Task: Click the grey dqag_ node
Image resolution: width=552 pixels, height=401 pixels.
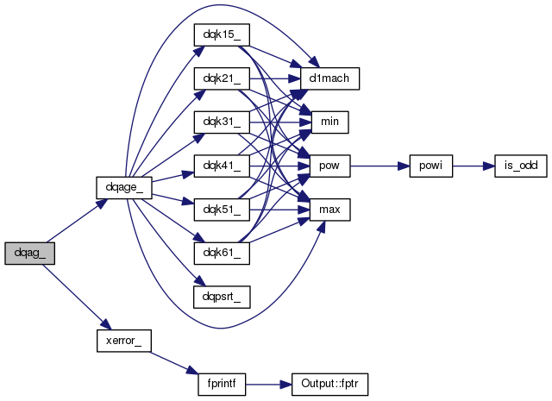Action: tap(30, 254)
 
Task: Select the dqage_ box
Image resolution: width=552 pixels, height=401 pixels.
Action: tap(124, 188)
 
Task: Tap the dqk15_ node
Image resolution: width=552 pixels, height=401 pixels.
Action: tap(222, 34)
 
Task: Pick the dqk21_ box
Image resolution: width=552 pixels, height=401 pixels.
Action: tap(222, 78)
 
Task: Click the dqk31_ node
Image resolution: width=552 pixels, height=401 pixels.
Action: tap(222, 122)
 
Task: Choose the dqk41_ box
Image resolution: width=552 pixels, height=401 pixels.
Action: tap(222, 166)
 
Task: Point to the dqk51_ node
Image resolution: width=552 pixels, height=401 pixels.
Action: tap(222, 210)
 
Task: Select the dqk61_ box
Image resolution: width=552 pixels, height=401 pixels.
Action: tap(222, 254)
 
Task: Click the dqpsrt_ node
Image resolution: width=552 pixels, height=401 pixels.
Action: tap(222, 298)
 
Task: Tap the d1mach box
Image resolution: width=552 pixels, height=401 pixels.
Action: tap(329, 78)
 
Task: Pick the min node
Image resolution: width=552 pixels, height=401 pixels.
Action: tap(329, 122)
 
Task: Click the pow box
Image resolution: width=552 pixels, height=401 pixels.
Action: tap(329, 166)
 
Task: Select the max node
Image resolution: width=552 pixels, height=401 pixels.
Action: tap(329, 210)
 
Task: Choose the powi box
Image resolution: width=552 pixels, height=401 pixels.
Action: tap(431, 166)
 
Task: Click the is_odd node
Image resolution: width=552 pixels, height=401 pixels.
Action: tap(521, 166)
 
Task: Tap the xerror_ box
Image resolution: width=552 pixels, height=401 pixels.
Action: tap(124, 341)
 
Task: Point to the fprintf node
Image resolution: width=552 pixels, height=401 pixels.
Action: tap(222, 385)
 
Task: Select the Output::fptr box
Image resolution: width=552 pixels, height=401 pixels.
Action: tap(329, 385)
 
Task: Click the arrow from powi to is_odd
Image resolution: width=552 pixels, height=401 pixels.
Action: tap(474, 166)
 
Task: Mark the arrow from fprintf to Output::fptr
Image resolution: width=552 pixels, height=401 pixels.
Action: tap(268, 385)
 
